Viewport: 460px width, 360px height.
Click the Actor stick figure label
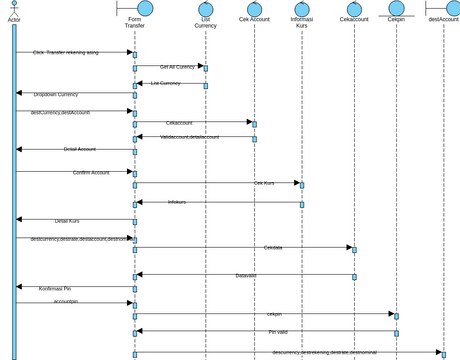tap(14, 19)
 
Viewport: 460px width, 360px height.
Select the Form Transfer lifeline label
tap(135, 22)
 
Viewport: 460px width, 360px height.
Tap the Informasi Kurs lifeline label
tap(301, 22)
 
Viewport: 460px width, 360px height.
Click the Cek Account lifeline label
tap(254, 19)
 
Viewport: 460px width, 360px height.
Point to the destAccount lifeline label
tap(443, 19)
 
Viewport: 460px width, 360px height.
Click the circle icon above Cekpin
tap(396, 8)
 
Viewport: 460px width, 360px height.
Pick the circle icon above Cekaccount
tap(354, 8)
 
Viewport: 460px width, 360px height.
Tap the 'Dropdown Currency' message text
tap(56, 94)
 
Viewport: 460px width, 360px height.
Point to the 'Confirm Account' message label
tap(91, 172)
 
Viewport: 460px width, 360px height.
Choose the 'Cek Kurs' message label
tap(264, 183)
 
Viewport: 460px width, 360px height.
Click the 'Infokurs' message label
tap(205, 202)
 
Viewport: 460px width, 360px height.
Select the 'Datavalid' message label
tap(246, 275)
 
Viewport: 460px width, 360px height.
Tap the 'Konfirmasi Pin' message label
tap(62, 288)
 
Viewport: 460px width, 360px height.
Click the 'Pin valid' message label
tap(278, 331)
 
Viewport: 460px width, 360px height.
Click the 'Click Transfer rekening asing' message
tap(67, 52)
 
